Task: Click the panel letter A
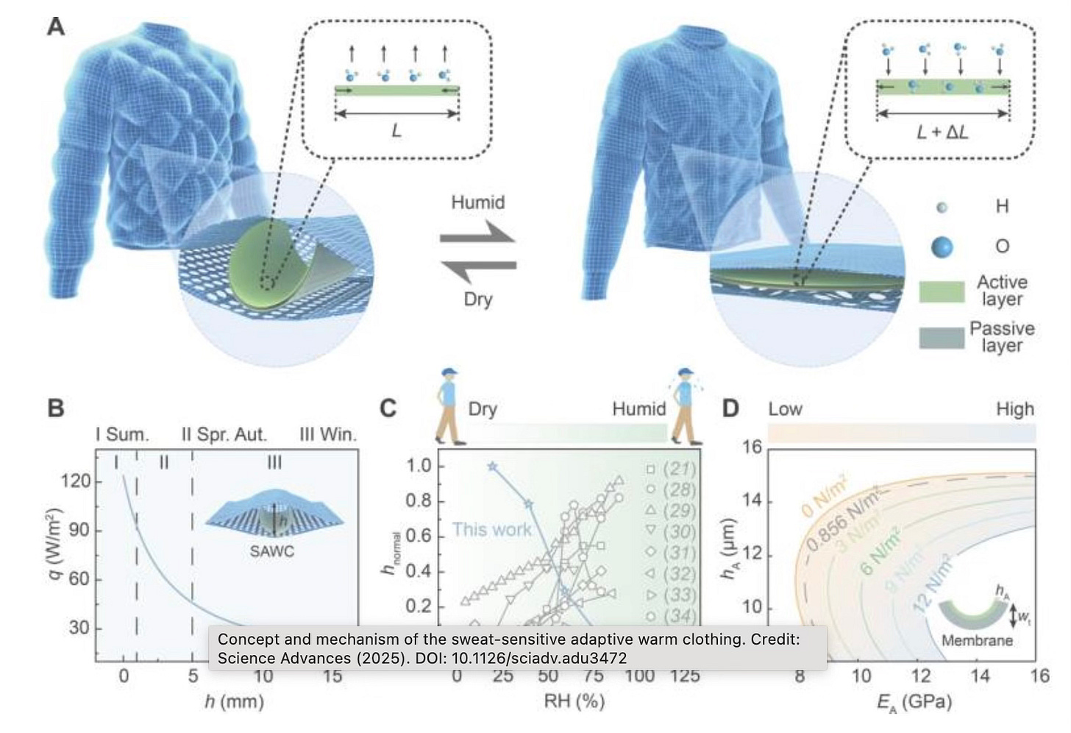pos(56,26)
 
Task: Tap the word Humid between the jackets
pos(477,202)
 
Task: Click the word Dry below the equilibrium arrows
pos(477,299)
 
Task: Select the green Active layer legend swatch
pos(942,291)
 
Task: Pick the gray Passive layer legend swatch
pos(942,337)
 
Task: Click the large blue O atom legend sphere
pos(942,247)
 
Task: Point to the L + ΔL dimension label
pos(942,132)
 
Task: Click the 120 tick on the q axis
pos(76,481)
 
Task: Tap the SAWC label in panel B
pos(271,550)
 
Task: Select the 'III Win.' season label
pos(327,434)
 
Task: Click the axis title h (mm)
pos(234,701)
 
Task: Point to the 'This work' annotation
pos(491,529)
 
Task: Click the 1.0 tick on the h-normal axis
pos(419,466)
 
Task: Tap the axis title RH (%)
pos(574,701)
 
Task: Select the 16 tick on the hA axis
pos(752,447)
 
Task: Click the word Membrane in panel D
pos(977,640)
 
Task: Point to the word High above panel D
pos(1014,409)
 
